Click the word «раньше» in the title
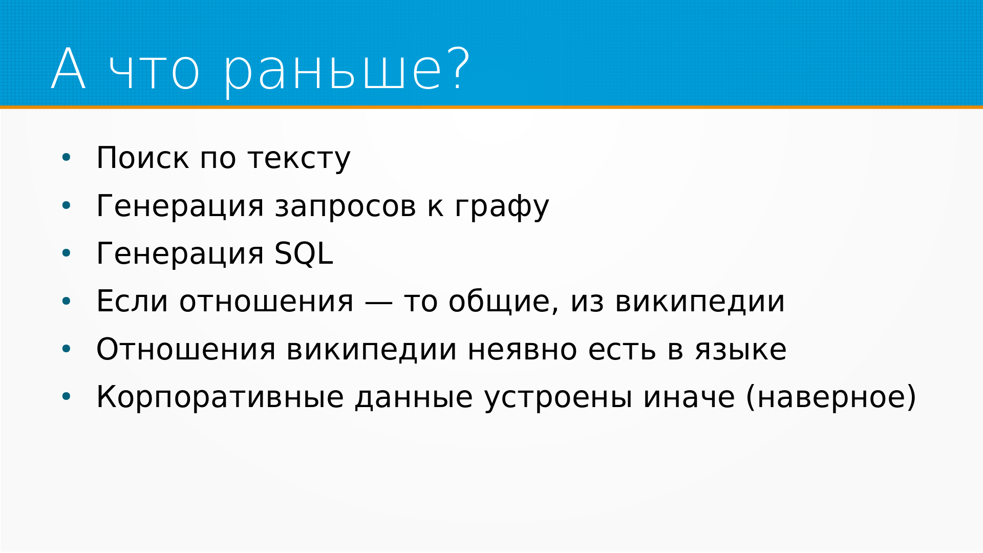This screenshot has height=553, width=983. (x=333, y=72)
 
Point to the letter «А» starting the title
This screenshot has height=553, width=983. (x=68, y=69)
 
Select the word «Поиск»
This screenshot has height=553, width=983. (x=142, y=158)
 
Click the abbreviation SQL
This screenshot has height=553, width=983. (x=304, y=253)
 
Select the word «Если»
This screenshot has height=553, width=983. (x=132, y=301)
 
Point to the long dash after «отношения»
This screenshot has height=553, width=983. (x=379, y=303)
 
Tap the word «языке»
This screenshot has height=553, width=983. (x=740, y=350)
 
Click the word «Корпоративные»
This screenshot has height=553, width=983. (x=220, y=397)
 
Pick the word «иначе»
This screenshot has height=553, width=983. (x=689, y=398)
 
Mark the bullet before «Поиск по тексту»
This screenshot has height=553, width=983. (x=66, y=158)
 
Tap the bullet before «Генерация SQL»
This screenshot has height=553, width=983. (x=66, y=253)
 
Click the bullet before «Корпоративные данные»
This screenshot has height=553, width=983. (x=66, y=397)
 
